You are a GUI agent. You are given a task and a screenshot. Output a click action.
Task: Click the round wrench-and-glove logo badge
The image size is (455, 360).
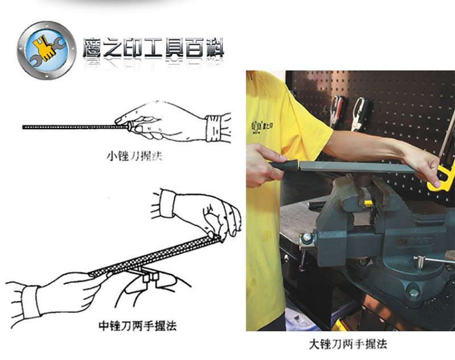click(47, 50)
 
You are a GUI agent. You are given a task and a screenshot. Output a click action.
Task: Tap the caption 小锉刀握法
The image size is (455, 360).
click(134, 156)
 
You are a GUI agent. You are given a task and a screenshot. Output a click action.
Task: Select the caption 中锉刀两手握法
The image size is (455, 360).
click(138, 325)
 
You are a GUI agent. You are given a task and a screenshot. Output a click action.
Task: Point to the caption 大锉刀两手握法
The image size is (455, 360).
click(348, 344)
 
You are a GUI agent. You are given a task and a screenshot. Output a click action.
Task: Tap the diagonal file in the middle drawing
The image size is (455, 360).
click(154, 256)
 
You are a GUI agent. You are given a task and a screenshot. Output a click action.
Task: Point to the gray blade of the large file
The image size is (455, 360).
click(357, 167)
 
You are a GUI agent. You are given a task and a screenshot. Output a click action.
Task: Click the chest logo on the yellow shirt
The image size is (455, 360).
click(262, 126)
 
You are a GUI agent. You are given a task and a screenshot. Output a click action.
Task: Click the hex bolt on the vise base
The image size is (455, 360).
click(414, 293)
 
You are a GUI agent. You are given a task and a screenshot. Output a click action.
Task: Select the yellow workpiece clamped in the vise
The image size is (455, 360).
click(368, 203)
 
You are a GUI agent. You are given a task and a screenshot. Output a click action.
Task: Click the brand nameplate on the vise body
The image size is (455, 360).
click(416, 241)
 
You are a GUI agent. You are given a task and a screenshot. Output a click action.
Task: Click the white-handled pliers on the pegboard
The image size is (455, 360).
click(358, 114)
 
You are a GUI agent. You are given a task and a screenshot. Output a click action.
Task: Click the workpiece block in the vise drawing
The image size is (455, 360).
click(150, 276)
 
